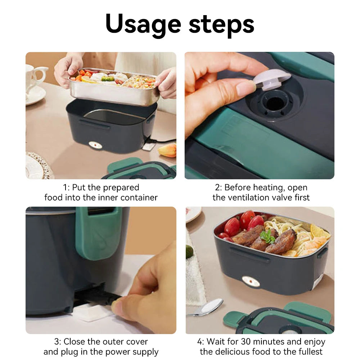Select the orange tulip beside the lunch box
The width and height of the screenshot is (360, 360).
coord(168,150)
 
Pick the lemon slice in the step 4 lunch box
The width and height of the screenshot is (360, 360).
coord(318,231)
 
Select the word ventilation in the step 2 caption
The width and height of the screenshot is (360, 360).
coord(249,197)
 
